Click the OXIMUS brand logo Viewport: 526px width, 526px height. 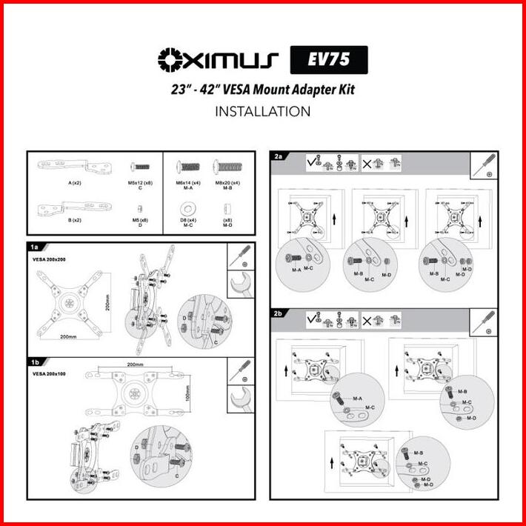218,59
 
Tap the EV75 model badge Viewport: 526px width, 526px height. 326,59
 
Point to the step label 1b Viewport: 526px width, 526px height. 34,363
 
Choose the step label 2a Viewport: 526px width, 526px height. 279,156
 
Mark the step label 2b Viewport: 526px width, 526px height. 279,314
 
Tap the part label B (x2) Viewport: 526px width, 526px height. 74,220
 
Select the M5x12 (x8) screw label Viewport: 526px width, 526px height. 140,182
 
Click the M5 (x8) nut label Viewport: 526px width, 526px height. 140,220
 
